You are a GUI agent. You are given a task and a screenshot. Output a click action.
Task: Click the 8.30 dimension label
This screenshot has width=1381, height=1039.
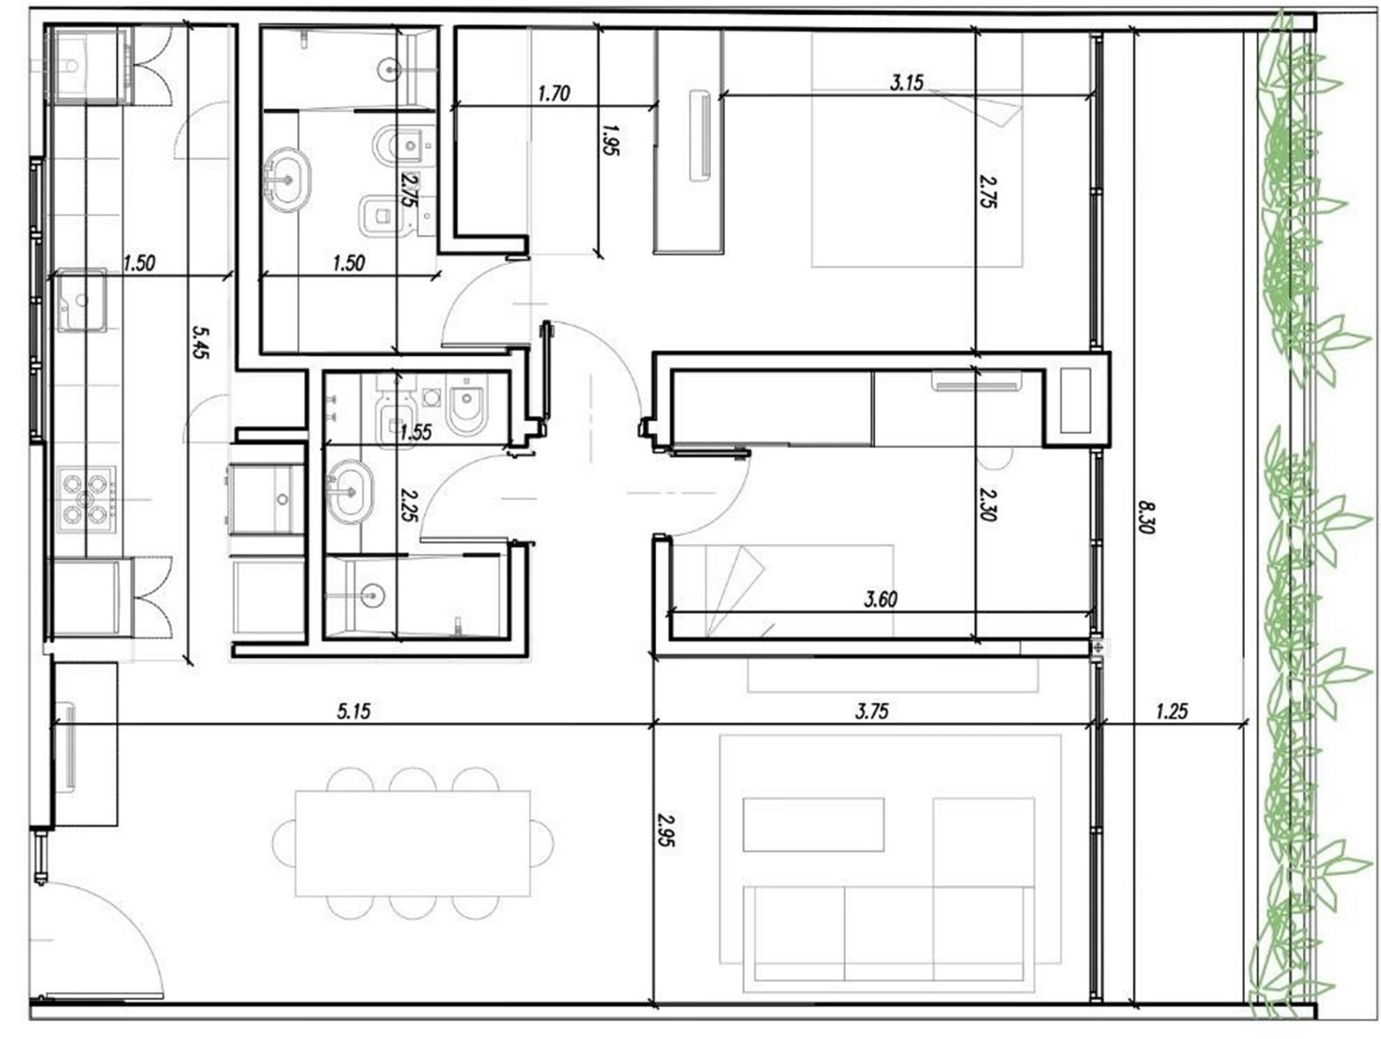click(x=1147, y=517)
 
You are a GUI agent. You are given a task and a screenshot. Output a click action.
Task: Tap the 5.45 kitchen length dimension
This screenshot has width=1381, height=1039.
click(x=201, y=342)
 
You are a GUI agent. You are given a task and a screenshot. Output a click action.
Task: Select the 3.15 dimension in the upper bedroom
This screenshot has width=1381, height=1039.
click(x=906, y=83)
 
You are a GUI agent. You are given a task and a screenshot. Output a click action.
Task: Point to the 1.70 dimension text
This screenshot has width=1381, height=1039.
click(x=554, y=93)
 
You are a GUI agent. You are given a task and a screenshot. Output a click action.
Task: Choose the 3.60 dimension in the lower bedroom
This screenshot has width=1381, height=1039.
click(x=881, y=599)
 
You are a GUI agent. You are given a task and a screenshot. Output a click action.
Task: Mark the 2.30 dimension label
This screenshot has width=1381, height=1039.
click(x=988, y=504)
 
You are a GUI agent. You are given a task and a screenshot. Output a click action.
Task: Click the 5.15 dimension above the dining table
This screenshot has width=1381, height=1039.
click(x=354, y=712)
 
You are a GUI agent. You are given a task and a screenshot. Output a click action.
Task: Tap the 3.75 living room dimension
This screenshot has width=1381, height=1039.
click(x=872, y=712)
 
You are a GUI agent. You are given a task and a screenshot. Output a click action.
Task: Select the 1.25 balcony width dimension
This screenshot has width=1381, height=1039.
click(x=1172, y=712)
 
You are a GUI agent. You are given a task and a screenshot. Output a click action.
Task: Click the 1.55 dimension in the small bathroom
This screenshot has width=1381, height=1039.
click(x=416, y=432)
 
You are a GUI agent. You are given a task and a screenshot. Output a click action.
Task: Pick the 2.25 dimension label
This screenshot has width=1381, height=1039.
click(x=409, y=505)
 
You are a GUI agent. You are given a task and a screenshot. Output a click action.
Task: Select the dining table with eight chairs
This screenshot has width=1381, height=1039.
click(x=413, y=843)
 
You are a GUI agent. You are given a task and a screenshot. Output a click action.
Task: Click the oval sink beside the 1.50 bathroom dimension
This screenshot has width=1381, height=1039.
click(x=288, y=179)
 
